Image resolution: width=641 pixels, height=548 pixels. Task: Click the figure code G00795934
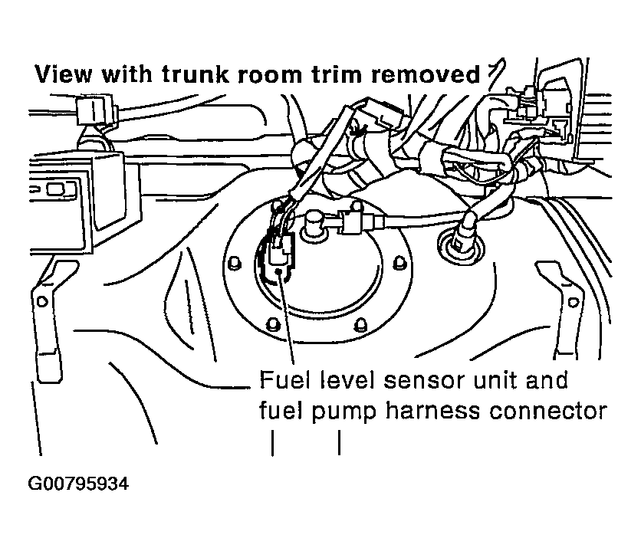click(x=79, y=484)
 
